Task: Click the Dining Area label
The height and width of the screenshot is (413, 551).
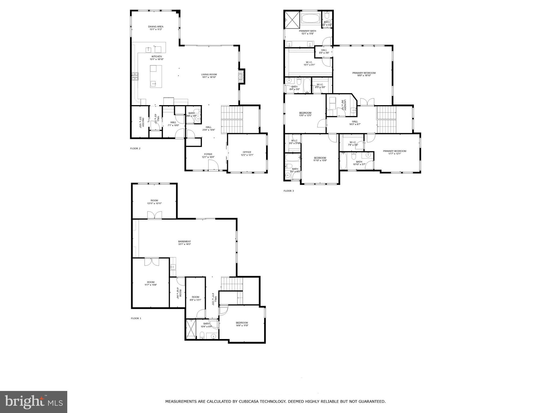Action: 156,27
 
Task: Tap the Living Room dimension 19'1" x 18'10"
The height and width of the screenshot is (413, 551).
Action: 209,77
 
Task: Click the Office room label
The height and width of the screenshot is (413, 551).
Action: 247,152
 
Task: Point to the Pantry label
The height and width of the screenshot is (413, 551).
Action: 140,122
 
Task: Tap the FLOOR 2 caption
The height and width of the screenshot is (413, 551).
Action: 135,148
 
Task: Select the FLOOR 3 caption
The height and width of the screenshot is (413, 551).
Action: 289,191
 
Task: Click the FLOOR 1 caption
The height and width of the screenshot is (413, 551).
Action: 136,318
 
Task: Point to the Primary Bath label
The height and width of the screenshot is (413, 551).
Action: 308,31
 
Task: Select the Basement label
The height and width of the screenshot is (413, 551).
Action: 184,241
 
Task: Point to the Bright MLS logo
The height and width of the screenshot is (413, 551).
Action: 34,402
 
